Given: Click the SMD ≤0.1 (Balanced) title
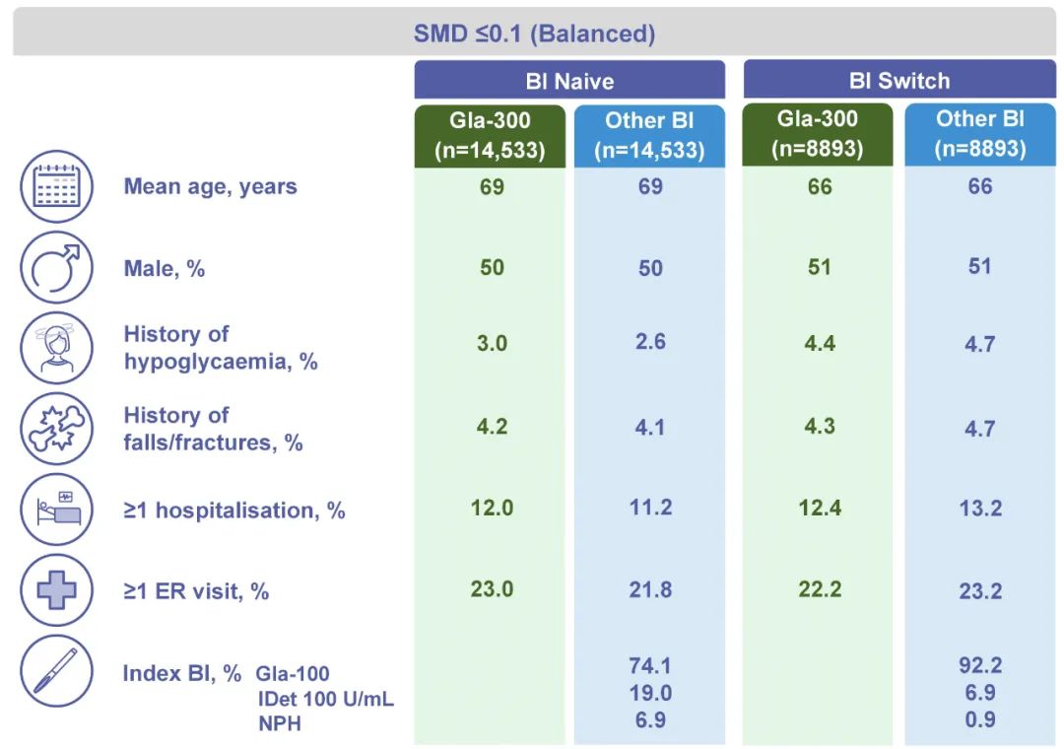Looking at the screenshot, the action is click(x=534, y=34).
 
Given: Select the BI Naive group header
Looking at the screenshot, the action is click(x=569, y=81).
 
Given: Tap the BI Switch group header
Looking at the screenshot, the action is click(x=899, y=80).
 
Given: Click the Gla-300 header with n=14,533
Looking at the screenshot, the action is click(x=490, y=135).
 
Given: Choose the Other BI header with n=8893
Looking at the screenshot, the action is click(x=980, y=134).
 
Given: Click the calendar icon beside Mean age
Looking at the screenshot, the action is click(x=56, y=186).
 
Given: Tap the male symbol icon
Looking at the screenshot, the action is click(x=56, y=267).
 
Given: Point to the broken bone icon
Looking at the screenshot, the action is click(x=56, y=429).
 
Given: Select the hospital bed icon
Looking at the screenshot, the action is click(x=56, y=510).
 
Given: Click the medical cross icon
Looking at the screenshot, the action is click(x=56, y=590).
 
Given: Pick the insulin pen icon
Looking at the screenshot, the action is click(x=56, y=671).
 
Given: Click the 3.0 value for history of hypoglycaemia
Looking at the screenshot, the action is click(x=492, y=343).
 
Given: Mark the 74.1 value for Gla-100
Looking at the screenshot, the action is click(x=650, y=665).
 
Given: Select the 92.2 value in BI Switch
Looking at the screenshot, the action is click(x=980, y=665).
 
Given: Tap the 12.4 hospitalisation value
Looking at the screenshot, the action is click(x=820, y=508).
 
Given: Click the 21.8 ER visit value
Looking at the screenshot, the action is click(x=650, y=589).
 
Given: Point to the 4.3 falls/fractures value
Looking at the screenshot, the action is click(x=820, y=426).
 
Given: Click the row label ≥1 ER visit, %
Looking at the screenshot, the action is click(x=196, y=591).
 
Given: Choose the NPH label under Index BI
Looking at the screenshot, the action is click(x=280, y=723).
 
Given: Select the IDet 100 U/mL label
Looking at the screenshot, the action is click(x=326, y=698).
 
